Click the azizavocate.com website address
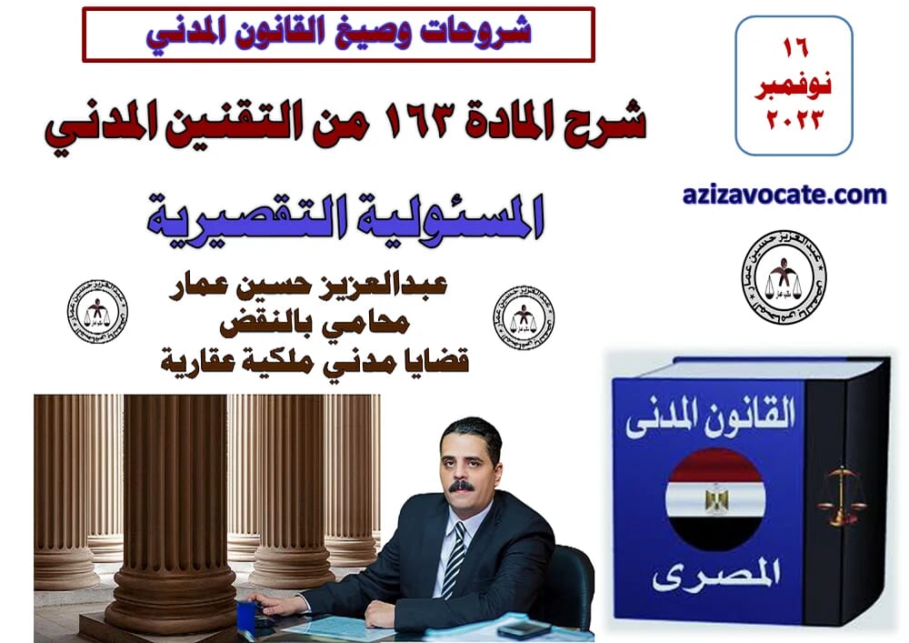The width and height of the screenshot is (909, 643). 783,194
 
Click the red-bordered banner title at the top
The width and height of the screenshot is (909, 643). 338,34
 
